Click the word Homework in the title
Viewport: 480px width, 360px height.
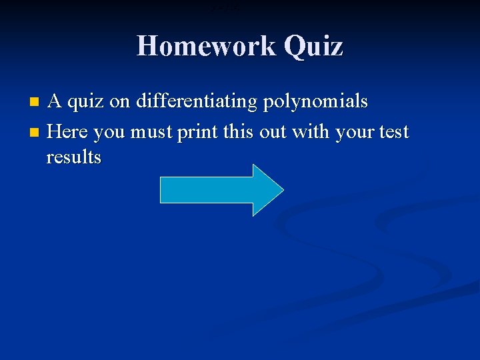pos(206,46)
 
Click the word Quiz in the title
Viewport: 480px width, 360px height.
pos(313,46)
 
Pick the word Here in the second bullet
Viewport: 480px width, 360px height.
pos(69,131)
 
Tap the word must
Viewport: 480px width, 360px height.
pos(151,132)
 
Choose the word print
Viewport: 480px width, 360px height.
pos(197,132)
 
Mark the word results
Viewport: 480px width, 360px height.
pos(73,157)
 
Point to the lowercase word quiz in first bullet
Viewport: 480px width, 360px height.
pos(89,102)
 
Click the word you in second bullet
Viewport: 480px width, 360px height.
pos(109,133)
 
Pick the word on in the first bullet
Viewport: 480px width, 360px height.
pos(123,102)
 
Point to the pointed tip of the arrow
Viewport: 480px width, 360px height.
pos(282,190)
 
